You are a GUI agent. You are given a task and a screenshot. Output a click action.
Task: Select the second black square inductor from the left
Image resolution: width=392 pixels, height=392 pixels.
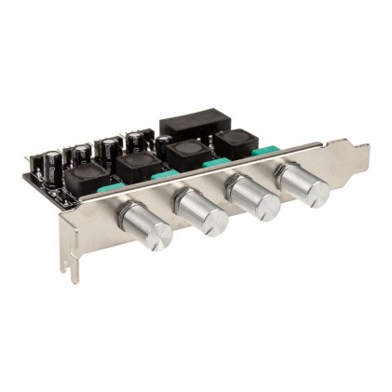click(137, 166)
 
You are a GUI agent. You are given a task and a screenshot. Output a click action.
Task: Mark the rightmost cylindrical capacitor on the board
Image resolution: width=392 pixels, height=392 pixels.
click(136, 142)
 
